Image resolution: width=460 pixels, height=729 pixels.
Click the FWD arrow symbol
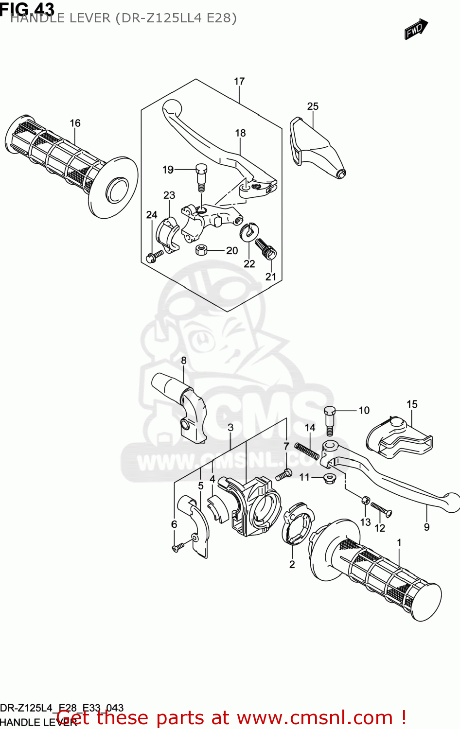pos(416,29)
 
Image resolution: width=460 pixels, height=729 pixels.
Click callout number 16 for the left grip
pos(75,123)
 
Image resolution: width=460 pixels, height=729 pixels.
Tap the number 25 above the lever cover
pos(313,106)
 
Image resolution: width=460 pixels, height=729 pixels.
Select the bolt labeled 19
pos(201,177)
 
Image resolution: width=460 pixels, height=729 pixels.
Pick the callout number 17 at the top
pos(239,81)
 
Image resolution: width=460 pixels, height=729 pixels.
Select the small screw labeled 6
pos(178,547)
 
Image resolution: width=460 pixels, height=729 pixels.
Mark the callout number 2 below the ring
pos(292,564)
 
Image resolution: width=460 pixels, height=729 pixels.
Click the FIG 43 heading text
pos(27,8)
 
